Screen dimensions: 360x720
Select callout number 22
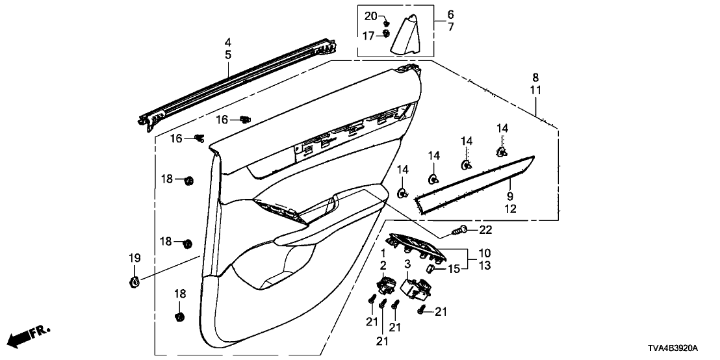pos(487,229)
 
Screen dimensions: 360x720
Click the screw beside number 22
pos(461,229)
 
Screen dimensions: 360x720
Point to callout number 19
pos(134,259)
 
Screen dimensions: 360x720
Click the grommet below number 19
pos(134,282)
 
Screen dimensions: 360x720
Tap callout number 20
pos(370,16)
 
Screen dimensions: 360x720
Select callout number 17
pos(369,36)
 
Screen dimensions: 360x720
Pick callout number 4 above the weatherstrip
pos(228,42)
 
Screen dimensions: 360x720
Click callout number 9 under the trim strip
pos(510,195)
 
